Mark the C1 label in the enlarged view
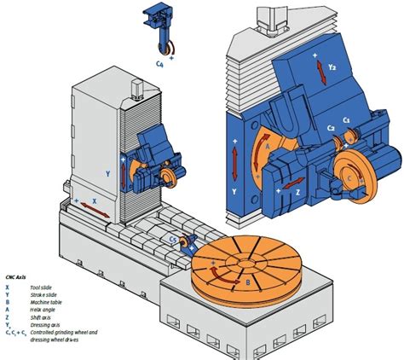(x=347, y=120)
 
